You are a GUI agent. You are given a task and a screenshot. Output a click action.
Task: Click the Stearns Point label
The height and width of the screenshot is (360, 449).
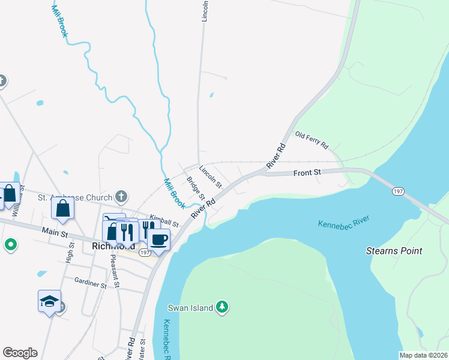click(394, 251)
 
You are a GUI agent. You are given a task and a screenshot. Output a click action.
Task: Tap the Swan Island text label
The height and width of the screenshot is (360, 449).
click(190, 308)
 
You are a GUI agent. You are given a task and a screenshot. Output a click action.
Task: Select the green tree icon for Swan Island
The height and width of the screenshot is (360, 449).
click(223, 307)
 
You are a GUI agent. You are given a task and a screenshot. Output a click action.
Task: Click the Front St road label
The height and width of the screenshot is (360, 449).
click(307, 173)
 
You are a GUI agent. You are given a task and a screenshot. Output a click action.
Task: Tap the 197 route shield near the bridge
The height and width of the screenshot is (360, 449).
click(398, 191)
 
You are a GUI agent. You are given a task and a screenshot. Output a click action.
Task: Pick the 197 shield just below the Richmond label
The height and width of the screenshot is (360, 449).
click(145, 253)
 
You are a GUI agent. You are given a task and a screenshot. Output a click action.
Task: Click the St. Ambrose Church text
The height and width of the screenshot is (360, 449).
click(75, 197)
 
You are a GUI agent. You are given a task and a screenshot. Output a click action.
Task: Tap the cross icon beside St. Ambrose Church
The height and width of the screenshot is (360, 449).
click(121, 196)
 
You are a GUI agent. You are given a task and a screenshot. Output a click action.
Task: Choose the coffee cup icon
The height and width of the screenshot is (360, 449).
click(158, 239)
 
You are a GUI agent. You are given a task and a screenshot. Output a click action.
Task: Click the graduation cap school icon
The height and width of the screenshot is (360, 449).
click(49, 300)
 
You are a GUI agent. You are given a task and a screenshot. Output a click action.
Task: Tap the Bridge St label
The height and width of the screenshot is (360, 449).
click(196, 188)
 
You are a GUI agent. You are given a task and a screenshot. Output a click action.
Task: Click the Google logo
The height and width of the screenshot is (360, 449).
click(20, 353)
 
